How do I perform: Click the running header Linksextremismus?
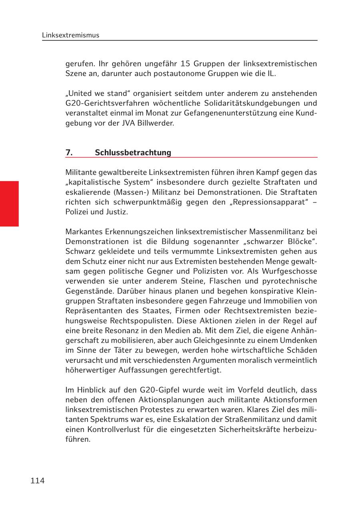(70, 35)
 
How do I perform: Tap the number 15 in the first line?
(184, 64)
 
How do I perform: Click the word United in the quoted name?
(80, 93)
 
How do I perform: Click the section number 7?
(69, 152)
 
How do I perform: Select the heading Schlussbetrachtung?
(133, 152)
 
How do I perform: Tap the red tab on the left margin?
(9, 204)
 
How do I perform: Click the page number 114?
(37, 481)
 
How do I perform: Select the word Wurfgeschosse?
(293, 271)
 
